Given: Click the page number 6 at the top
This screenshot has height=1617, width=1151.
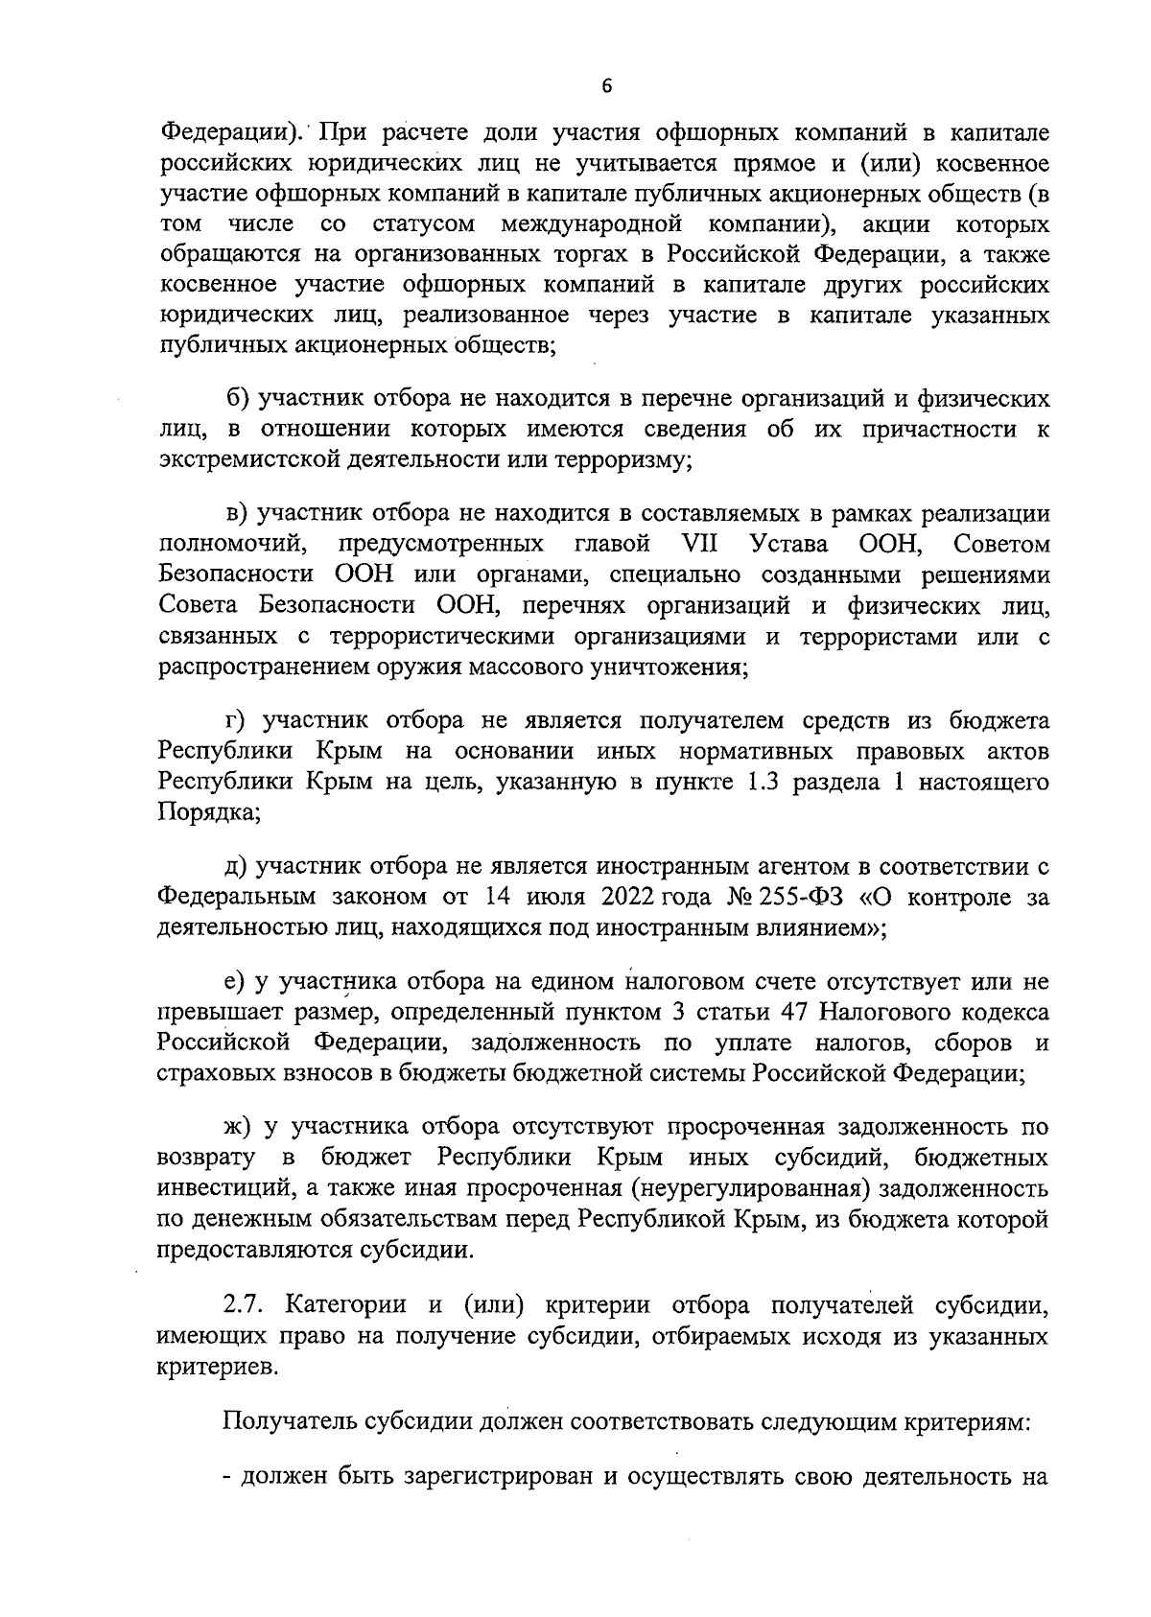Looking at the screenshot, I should (x=605, y=86).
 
